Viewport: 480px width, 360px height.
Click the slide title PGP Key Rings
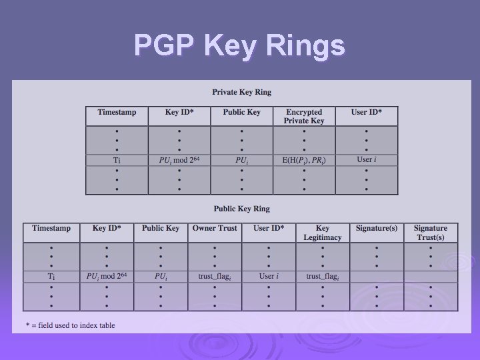(239, 46)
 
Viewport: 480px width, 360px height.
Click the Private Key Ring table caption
(241, 92)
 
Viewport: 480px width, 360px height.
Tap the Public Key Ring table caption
(241, 209)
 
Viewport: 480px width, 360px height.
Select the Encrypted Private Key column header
(304, 117)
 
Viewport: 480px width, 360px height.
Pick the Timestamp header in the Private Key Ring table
(117, 113)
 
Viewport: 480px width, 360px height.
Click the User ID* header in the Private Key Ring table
(366, 113)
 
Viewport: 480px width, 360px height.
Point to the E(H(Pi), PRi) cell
(304, 160)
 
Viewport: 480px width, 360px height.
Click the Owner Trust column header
(214, 229)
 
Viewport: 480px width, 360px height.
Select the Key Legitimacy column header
(323, 233)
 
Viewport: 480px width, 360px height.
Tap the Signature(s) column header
(376, 229)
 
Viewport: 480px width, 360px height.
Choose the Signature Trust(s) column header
(430, 233)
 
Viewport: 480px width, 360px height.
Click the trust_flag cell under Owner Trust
(214, 276)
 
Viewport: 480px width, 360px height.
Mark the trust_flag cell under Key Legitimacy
(323, 276)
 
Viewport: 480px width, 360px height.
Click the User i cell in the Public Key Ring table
(269, 276)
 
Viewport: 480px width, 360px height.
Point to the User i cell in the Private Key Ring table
(366, 160)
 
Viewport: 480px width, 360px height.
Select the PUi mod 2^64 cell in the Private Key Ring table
(179, 160)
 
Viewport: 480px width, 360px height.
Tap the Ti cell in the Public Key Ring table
(51, 276)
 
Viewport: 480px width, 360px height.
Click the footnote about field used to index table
(70, 325)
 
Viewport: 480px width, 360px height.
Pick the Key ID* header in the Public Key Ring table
(107, 229)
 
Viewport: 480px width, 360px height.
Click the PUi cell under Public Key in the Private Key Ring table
(241, 160)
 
